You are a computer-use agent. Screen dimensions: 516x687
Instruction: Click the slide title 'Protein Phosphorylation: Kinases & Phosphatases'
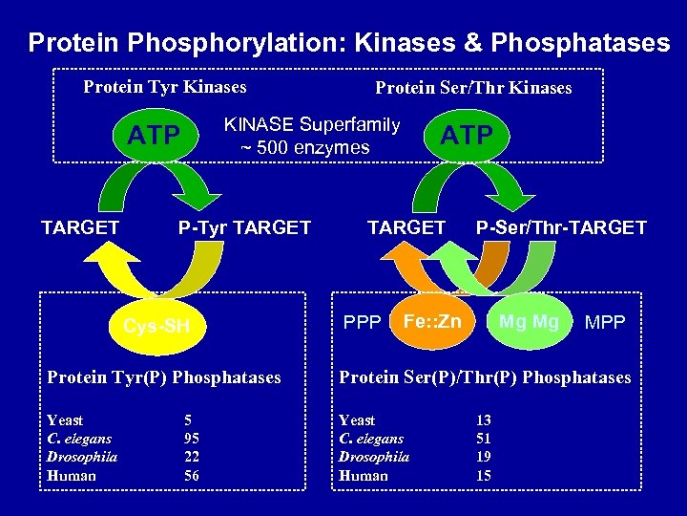point(348,43)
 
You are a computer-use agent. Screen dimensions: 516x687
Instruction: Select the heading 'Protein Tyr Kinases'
point(164,88)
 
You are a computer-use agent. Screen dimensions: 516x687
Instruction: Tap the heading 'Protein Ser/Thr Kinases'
point(473,89)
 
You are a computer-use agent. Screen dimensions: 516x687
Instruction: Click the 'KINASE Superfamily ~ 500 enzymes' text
point(311,136)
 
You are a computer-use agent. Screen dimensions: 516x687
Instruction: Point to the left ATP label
point(155,137)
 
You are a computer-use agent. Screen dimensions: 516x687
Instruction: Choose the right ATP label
point(467,136)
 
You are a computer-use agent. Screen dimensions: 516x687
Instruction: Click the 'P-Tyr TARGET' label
point(244,227)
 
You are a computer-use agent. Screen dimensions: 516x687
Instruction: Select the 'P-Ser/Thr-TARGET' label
point(561,227)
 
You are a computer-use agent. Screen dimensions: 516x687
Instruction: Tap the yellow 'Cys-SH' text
point(156,327)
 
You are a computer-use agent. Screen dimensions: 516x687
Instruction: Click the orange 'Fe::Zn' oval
point(432,321)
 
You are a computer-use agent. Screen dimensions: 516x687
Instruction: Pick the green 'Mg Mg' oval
point(529,321)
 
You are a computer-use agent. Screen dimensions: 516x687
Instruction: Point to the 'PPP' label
point(363,323)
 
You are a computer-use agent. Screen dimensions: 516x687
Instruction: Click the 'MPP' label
point(605,323)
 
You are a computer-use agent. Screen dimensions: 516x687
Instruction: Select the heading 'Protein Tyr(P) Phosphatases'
point(164,377)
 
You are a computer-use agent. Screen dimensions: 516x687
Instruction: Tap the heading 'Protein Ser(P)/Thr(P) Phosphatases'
point(485,377)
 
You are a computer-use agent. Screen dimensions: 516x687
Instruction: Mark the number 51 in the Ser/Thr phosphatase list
point(484,439)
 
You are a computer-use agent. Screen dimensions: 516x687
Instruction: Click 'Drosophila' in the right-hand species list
point(374,457)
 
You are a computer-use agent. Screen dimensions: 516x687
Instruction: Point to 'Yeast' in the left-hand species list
point(65,420)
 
